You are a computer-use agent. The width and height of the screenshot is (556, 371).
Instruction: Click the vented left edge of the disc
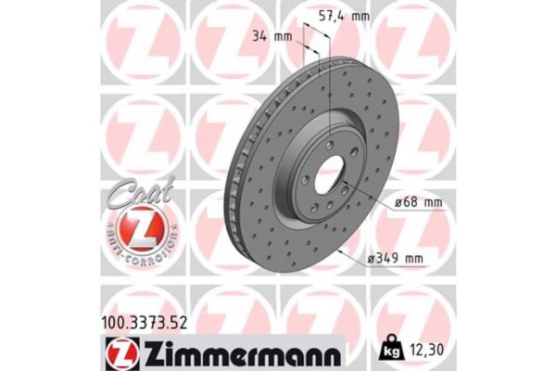[231, 185]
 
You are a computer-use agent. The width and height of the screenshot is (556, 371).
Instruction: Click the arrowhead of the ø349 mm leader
[341, 251]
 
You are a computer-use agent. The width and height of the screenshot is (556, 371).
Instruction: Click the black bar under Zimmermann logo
[232, 365]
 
